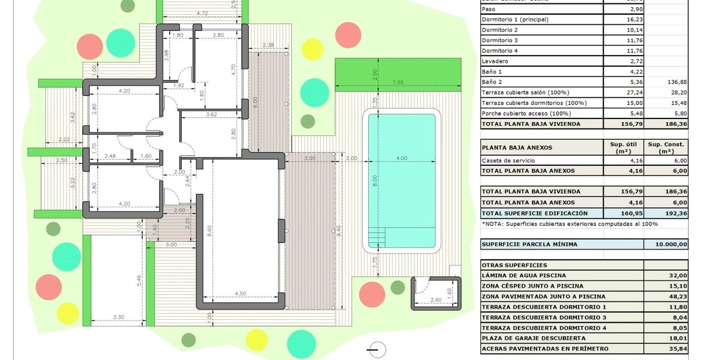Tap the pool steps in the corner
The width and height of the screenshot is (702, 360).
pyautogui.click(x=377, y=237)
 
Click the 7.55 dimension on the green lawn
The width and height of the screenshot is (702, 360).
pyautogui.click(x=398, y=83)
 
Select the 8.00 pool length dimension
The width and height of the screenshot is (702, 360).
pyautogui.click(x=375, y=180)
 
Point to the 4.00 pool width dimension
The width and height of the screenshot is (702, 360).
pyautogui.click(x=402, y=158)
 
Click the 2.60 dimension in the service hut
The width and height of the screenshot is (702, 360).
pyautogui.click(x=435, y=300)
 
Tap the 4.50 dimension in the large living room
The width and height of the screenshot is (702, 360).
pyautogui.click(x=240, y=294)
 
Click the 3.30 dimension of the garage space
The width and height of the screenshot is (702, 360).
pyautogui.click(x=119, y=317)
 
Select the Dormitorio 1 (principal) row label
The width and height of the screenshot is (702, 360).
pyautogui.click(x=515, y=20)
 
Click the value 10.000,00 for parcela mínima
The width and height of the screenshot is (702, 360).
pyautogui.click(x=671, y=244)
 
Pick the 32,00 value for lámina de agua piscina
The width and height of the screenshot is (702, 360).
pyautogui.click(x=678, y=276)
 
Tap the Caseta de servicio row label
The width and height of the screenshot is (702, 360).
pyautogui.click(x=508, y=161)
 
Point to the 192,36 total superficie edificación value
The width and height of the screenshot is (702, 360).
pyautogui.click(x=676, y=213)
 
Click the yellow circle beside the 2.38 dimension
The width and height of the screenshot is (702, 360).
pyautogui.click(x=312, y=49)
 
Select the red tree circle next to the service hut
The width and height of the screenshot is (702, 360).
pyautogui.click(x=372, y=294)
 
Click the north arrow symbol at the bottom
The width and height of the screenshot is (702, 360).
pyautogui.click(x=377, y=350)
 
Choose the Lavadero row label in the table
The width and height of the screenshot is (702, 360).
pyautogui.click(x=495, y=61)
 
